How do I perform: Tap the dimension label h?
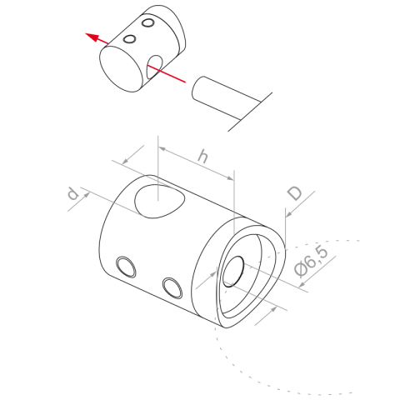[x=203, y=157]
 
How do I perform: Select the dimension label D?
[x=294, y=193]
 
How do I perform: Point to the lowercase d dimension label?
[x=72, y=194]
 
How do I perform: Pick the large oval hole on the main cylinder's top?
[x=159, y=201]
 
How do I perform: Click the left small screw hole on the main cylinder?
[x=126, y=267]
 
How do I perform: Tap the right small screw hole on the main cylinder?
[x=172, y=287]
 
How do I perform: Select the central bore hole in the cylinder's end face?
[x=233, y=272]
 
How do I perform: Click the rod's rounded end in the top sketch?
[x=196, y=88]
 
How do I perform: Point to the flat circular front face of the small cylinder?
[x=121, y=69]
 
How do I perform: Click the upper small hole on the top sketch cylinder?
[x=147, y=22]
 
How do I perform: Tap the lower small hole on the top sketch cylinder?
[x=129, y=39]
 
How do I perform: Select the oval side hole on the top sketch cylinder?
[x=154, y=67]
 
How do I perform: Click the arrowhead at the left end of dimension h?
[x=162, y=149]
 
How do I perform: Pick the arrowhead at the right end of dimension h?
[x=230, y=177]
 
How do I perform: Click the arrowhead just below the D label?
[x=288, y=214]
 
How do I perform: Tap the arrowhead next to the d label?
[x=87, y=195]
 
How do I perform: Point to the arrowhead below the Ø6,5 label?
[x=302, y=284]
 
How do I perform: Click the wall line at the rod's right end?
[x=250, y=112]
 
